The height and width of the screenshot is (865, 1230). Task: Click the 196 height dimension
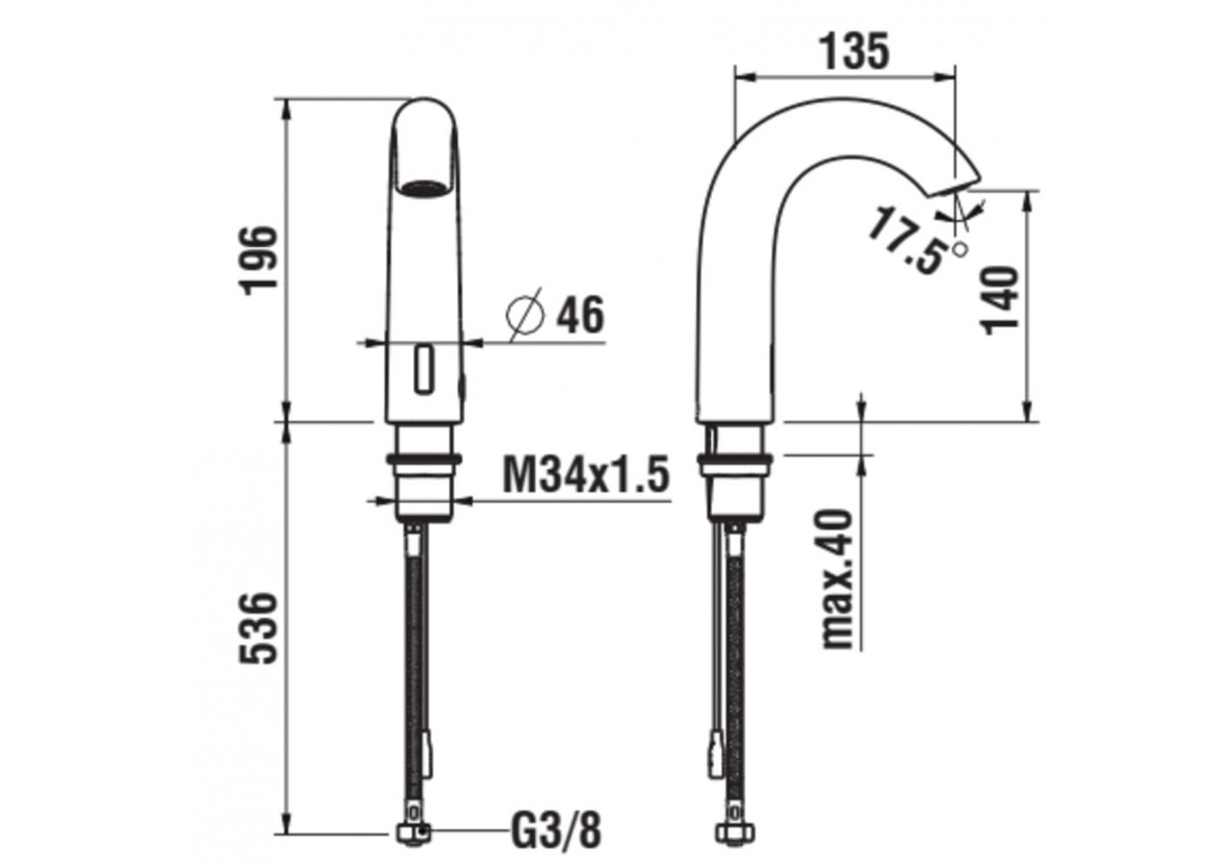point(259,260)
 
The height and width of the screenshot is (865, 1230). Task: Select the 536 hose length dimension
point(259,628)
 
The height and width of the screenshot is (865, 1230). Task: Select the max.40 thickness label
point(838,580)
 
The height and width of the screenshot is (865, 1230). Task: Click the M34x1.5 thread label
point(585,474)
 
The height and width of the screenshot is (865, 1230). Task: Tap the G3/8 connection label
point(555,830)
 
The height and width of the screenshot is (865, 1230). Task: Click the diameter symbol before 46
point(527,314)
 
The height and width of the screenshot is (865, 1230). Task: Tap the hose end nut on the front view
point(413,832)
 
